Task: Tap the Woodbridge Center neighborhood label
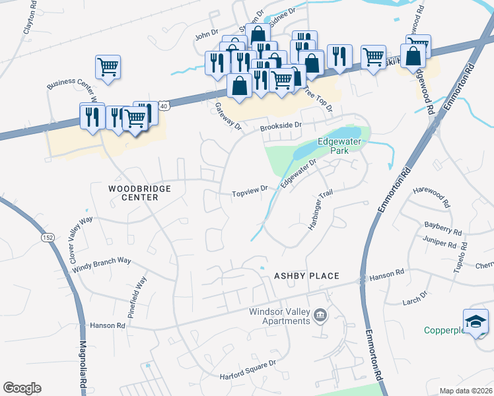tap(139, 193)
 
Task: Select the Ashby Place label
tap(306, 276)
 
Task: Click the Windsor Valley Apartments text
tap(279, 317)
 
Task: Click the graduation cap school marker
tap(476, 321)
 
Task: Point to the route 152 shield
tap(47, 236)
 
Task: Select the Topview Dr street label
tap(249, 193)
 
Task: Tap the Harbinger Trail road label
tap(320, 211)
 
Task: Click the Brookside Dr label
tap(281, 125)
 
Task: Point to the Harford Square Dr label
tap(248, 370)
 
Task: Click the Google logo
tap(22, 388)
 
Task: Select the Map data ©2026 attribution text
tap(466, 391)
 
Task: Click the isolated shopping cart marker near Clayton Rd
tap(108, 66)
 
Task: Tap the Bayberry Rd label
tap(443, 228)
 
